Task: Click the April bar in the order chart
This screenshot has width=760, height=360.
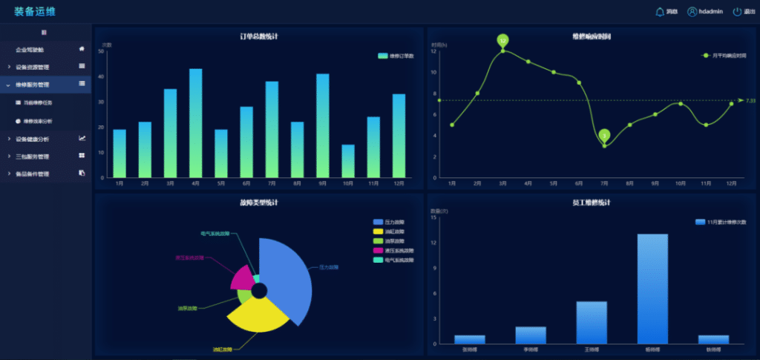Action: (195, 122)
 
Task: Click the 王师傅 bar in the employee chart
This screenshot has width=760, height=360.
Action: (592, 322)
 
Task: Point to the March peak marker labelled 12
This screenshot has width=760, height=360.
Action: (502, 40)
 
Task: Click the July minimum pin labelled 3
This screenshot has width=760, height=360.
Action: (604, 135)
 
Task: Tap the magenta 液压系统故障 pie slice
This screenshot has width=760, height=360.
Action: (242, 278)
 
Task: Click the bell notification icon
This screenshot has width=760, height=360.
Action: (661, 12)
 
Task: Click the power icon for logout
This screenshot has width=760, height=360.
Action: (737, 12)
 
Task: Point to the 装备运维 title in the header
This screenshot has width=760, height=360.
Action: (34, 11)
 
